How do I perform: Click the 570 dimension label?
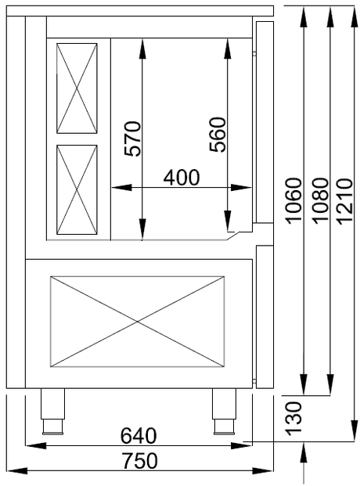point(133,139)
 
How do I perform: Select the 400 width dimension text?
point(181,177)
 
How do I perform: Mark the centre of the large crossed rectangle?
point(138,321)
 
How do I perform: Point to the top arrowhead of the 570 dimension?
point(142,44)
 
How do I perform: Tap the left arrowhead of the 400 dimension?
point(116,188)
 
